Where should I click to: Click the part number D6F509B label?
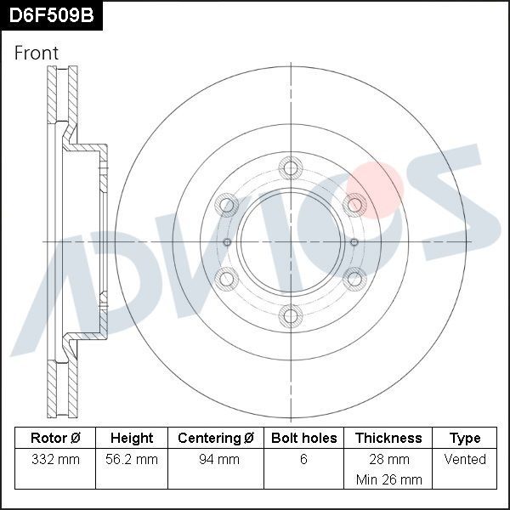(x=51, y=16)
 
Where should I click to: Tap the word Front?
(x=37, y=53)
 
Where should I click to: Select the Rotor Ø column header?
(x=55, y=438)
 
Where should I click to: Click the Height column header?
(x=132, y=438)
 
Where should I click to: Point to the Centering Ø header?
(x=216, y=438)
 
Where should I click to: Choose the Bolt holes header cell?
(x=303, y=438)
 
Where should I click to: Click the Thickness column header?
(x=388, y=438)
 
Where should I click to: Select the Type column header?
(x=465, y=438)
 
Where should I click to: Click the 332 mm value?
(x=55, y=459)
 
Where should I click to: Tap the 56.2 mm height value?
(x=132, y=459)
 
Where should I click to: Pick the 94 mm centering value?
(x=216, y=459)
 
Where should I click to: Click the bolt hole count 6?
(x=303, y=459)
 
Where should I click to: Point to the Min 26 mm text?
(x=388, y=479)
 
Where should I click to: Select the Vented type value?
(x=465, y=459)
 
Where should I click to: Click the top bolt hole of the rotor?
(x=291, y=167)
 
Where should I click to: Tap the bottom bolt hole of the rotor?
(x=291, y=316)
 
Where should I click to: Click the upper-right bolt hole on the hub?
(x=354, y=205)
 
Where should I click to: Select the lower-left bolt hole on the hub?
(x=227, y=278)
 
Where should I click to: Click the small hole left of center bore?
(x=227, y=242)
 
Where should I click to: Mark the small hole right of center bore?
(x=354, y=242)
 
